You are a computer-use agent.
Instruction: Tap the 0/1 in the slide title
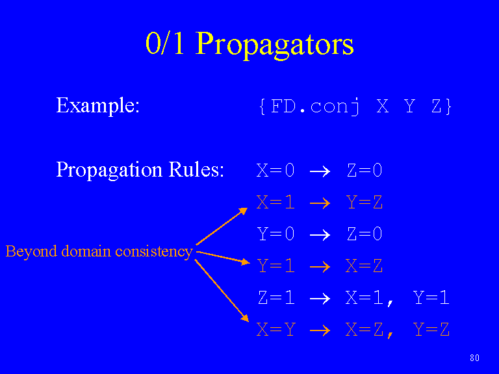(x=165, y=43)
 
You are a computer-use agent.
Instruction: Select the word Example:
(x=97, y=105)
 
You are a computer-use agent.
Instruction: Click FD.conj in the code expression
(x=315, y=106)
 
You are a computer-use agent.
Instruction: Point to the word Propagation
(x=109, y=169)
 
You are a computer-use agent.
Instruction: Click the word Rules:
(x=196, y=169)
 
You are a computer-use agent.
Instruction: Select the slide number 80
(x=474, y=358)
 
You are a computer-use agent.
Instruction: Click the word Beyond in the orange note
(x=31, y=251)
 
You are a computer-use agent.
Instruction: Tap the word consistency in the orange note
(x=154, y=251)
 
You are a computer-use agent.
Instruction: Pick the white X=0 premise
(x=275, y=170)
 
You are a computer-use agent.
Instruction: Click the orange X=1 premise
(x=275, y=202)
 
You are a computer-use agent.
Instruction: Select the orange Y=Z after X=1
(x=365, y=202)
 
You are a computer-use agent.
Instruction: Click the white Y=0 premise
(x=276, y=234)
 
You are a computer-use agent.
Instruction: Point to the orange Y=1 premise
(x=276, y=266)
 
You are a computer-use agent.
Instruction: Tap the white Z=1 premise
(x=276, y=297)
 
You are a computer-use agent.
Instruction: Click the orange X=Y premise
(x=276, y=329)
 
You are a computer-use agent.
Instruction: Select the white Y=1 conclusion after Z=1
(x=431, y=297)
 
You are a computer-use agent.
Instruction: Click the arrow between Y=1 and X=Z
(x=320, y=267)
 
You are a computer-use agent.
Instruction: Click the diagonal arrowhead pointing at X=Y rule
(x=245, y=318)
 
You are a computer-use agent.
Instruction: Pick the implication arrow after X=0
(x=320, y=171)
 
